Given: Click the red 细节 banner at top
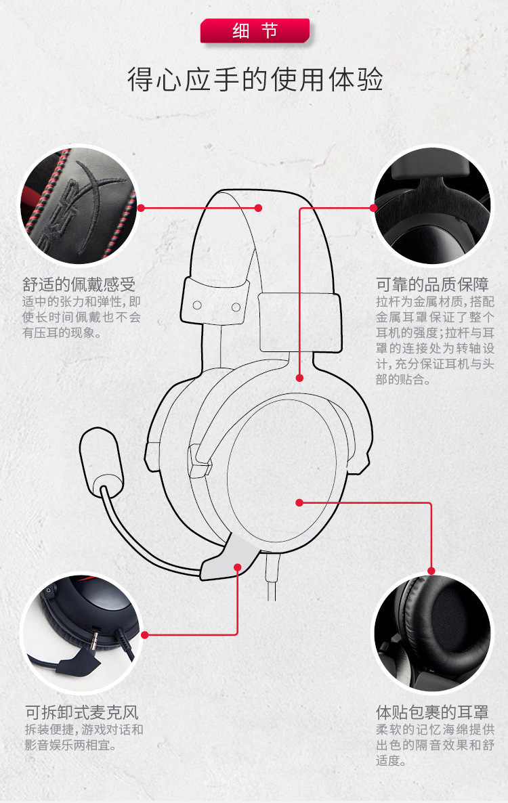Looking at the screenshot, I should [x=255, y=30].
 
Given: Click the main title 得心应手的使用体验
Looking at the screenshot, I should [x=255, y=79].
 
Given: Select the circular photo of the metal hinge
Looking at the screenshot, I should [x=433, y=207].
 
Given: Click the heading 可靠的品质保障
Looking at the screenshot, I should [x=432, y=283].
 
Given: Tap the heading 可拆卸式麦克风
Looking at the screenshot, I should [x=82, y=712].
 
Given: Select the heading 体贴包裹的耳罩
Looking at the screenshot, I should [x=432, y=712].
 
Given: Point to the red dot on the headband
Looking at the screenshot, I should [x=258, y=208].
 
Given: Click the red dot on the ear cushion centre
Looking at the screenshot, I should [x=299, y=502].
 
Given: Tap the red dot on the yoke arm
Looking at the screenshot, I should [x=299, y=377].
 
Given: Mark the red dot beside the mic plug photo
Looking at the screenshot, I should [x=144, y=634].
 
